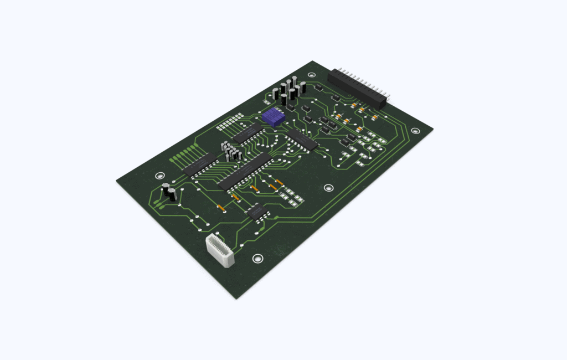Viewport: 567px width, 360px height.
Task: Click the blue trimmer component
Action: (273, 116)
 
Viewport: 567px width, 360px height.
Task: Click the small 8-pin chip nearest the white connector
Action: (256, 212)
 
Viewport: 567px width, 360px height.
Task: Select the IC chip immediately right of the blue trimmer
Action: (302, 141)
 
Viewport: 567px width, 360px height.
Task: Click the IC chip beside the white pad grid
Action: (247, 133)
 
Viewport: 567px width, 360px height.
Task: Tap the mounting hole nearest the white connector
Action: (257, 259)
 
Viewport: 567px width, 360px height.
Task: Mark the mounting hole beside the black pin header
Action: (312, 74)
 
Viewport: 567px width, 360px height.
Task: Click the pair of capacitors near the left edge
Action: (169, 193)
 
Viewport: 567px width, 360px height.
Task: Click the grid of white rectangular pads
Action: (230, 122)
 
